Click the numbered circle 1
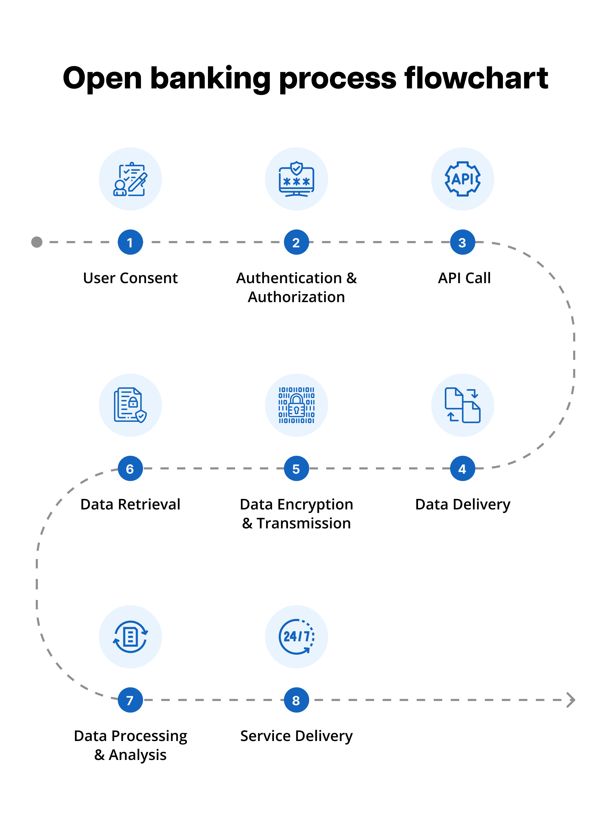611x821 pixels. click(130, 242)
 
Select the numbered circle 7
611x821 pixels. click(130, 700)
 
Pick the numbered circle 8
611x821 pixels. click(296, 700)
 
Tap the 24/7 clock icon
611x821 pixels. click(296, 637)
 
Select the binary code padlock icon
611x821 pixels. click(296, 405)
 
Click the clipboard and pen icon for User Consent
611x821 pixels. click(130, 179)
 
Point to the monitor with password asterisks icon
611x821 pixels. click(296, 179)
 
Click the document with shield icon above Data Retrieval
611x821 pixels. click(130, 405)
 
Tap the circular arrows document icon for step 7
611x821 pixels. click(130, 637)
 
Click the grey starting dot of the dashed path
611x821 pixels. click(37, 242)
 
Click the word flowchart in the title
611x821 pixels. click(476, 78)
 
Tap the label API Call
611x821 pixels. click(464, 278)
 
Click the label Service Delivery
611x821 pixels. click(296, 736)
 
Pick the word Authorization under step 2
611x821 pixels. click(296, 297)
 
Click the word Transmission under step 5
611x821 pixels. click(304, 523)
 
